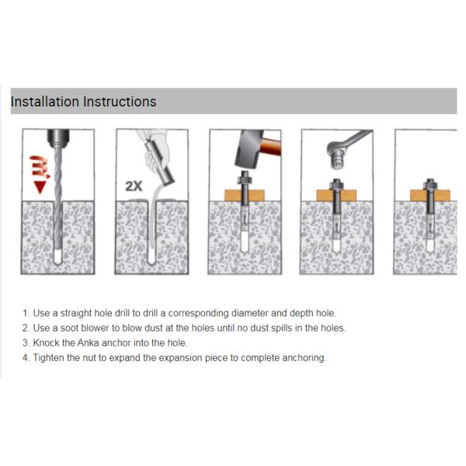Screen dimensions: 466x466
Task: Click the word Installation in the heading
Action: (x=44, y=102)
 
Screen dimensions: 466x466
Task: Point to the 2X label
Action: (x=134, y=186)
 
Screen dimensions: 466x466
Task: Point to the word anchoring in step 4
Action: (x=304, y=358)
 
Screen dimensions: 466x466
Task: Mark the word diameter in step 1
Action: (x=233, y=313)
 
